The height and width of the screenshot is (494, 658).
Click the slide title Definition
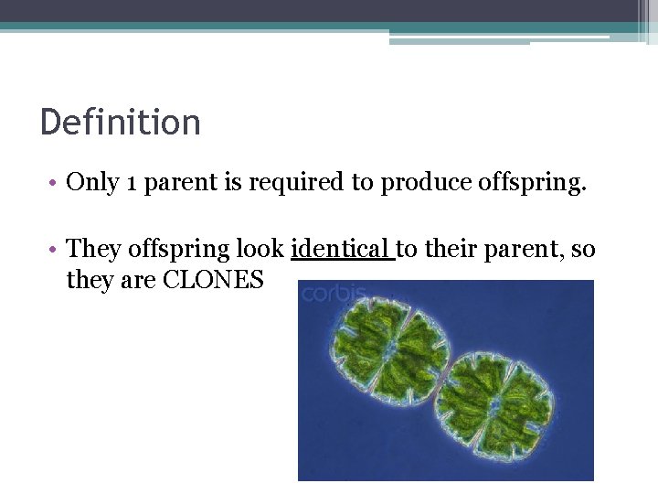point(120,122)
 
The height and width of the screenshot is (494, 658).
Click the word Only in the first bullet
point(92,182)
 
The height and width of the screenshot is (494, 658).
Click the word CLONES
point(213,280)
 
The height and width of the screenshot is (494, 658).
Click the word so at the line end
point(583,249)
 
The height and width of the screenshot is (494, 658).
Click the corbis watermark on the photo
point(334,294)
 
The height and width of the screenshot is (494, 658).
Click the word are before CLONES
point(137,281)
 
